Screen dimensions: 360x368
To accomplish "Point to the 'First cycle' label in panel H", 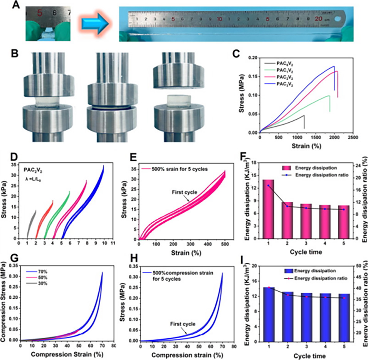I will pos(183,324).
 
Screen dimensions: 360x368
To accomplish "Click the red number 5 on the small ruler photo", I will pos(39,13).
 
